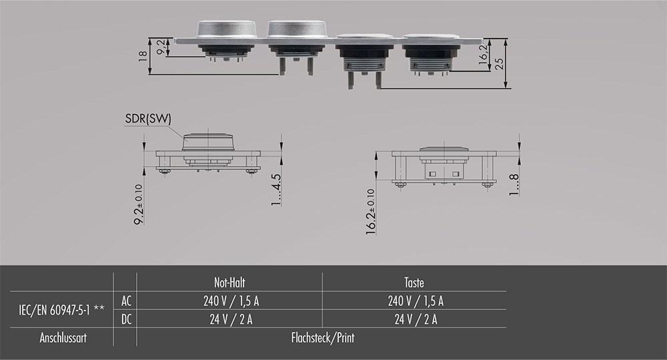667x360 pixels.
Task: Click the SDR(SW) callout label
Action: (x=148, y=119)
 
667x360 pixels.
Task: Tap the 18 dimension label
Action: (x=143, y=56)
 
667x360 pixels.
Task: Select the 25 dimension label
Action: (x=500, y=63)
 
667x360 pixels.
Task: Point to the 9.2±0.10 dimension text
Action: (x=139, y=204)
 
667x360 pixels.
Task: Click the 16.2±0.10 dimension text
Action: (x=370, y=211)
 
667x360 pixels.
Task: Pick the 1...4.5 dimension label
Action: (x=276, y=189)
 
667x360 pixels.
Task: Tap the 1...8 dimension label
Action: (x=514, y=185)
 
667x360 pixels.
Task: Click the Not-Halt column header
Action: (x=229, y=283)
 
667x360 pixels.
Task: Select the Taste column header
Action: (x=414, y=283)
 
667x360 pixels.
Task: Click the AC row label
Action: (x=126, y=301)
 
